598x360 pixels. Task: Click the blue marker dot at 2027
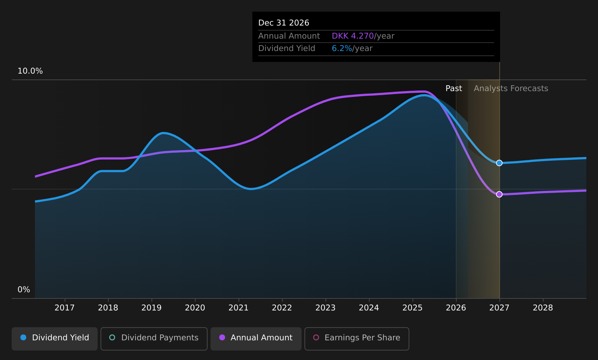click(499, 163)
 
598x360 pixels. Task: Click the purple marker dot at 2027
click(499, 194)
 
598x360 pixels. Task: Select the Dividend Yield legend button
click(55, 339)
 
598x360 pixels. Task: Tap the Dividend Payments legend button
click(154, 339)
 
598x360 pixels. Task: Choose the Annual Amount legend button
click(256, 339)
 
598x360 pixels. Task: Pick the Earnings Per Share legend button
click(357, 339)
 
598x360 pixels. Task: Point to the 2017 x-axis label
click(64, 308)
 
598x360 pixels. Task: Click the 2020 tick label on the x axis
click(195, 308)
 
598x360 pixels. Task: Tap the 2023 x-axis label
click(326, 308)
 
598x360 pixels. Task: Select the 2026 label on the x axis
click(456, 308)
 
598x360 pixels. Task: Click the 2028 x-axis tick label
click(543, 308)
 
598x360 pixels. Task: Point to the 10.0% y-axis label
click(30, 71)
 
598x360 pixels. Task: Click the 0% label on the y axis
click(24, 290)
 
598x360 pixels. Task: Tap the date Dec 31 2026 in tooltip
click(283, 23)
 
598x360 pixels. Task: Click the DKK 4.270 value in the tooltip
click(353, 36)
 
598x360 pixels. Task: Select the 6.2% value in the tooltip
click(342, 48)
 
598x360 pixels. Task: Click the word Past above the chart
click(454, 89)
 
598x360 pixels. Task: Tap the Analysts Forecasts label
click(511, 89)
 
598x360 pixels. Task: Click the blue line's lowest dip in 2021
click(251, 189)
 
